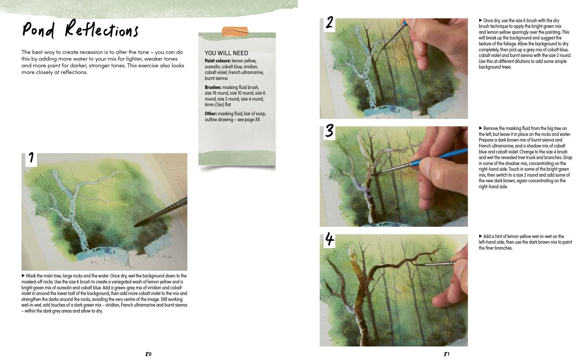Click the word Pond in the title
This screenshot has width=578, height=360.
pos(38,30)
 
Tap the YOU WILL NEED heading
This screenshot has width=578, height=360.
pos(226,53)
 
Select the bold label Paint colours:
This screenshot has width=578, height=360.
pos(218,61)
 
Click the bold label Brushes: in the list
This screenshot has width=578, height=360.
pos(213,87)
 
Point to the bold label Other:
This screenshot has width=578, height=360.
pos(211,114)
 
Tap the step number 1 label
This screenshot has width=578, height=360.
pos(31,158)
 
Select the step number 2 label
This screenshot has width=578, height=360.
pos(329,23)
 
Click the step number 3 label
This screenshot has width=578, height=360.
pos(329,131)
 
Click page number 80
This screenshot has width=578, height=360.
pos(148,354)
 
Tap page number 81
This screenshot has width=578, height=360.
pos(447,354)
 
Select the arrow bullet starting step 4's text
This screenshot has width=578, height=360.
pos(481,236)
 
